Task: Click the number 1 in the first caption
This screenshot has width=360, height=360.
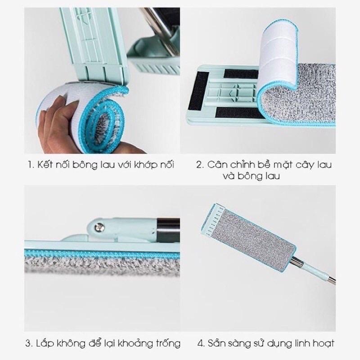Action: click(x=30, y=165)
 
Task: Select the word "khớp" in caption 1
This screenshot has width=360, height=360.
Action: click(x=145, y=165)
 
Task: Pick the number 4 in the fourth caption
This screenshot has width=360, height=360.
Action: click(x=201, y=344)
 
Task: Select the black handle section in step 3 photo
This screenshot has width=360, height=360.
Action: click(x=168, y=230)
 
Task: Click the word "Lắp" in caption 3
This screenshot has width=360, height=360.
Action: click(x=45, y=344)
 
